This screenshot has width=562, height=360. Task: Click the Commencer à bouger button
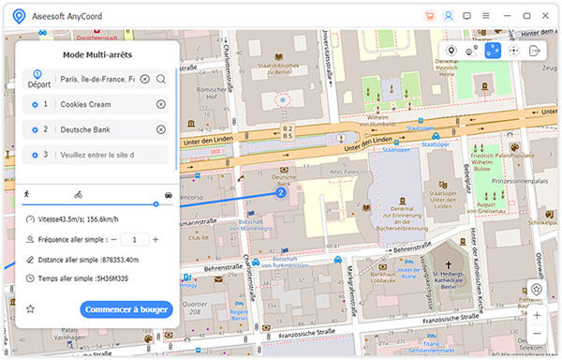[126, 309]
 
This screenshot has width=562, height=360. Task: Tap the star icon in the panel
[30, 309]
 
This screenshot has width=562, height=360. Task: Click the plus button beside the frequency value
[155, 239]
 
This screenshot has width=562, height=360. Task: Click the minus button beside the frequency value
[113, 239]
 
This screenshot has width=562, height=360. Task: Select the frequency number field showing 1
[134, 239]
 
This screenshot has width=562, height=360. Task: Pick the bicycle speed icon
[78, 194]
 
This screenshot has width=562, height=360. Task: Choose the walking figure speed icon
[26, 194]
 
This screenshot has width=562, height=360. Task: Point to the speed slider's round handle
[155, 203]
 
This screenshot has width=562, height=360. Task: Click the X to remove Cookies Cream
[161, 104]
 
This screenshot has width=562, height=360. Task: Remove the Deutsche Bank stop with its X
[161, 129]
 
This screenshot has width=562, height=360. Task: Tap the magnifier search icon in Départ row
[161, 79]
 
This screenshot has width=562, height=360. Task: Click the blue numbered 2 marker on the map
[280, 192]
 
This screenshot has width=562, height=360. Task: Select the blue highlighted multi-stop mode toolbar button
[493, 51]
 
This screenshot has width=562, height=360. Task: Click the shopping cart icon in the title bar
[430, 16]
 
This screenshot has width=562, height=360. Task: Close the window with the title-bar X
[547, 16]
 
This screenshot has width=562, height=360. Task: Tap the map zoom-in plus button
[537, 314]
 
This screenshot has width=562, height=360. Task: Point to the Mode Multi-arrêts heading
[97, 55]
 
